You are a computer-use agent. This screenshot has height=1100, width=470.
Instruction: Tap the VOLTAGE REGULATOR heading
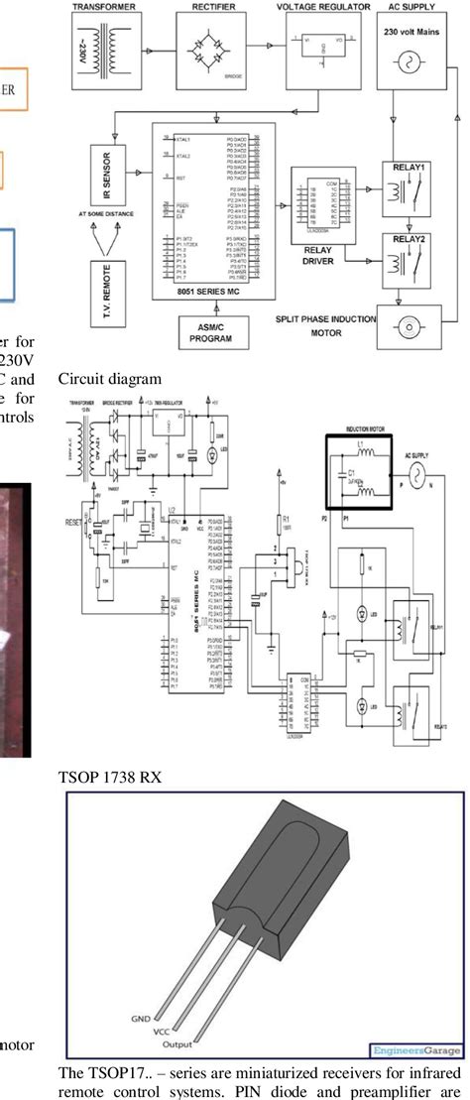319,5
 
